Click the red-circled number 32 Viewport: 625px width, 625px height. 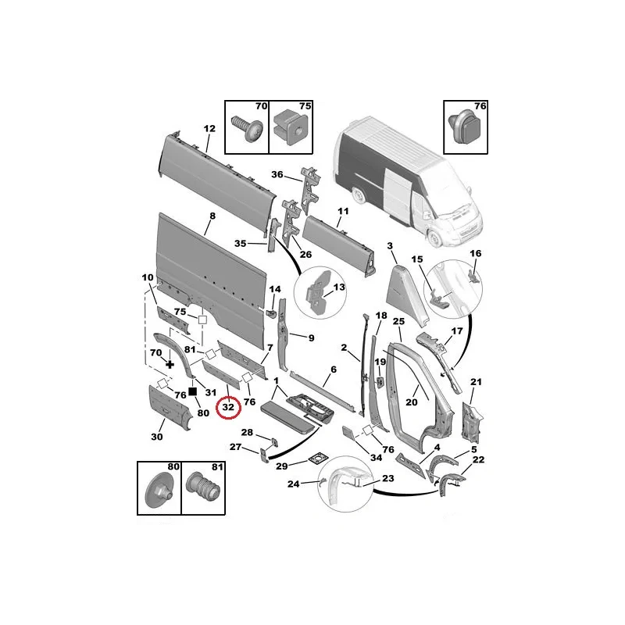228,407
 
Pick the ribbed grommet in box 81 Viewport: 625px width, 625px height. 203,487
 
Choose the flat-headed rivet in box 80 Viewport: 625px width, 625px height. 159,491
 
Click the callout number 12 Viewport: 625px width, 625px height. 209,128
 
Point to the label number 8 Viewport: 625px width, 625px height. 212,216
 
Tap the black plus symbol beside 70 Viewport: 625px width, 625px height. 170,364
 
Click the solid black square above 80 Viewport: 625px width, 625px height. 193,392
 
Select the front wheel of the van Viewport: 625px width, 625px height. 434,238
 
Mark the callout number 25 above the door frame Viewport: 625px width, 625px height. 398,321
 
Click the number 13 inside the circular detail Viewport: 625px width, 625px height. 339,287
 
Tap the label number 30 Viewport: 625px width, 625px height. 157,437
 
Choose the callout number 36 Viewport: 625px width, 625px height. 277,174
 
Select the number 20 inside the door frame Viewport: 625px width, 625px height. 412,402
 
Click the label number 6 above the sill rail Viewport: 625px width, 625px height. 334,370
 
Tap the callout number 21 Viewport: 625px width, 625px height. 477,382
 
